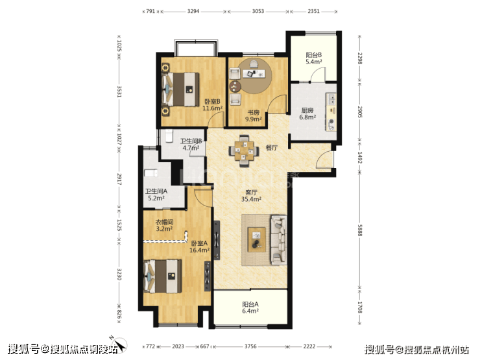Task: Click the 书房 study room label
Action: click(x=254, y=112)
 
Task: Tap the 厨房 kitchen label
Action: click(x=307, y=110)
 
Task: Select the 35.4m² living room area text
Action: click(x=251, y=199)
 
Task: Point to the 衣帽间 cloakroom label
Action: click(x=164, y=222)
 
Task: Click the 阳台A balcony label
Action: click(x=250, y=304)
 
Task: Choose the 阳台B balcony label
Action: click(x=314, y=55)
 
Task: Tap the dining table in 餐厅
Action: click(x=244, y=150)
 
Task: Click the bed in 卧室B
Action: click(x=180, y=89)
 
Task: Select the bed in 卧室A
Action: click(x=163, y=276)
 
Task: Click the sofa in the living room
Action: click(x=278, y=240)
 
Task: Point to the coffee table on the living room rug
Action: click(x=257, y=240)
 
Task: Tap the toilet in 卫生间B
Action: click(x=169, y=136)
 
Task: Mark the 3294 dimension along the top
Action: click(x=193, y=11)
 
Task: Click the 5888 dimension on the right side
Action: click(x=360, y=230)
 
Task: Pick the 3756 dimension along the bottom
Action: click(x=250, y=346)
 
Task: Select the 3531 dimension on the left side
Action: click(x=119, y=91)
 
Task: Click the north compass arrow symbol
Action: click(x=119, y=344)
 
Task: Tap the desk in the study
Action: click(x=254, y=73)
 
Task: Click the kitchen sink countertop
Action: click(x=331, y=112)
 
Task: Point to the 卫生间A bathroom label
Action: click(x=156, y=191)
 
